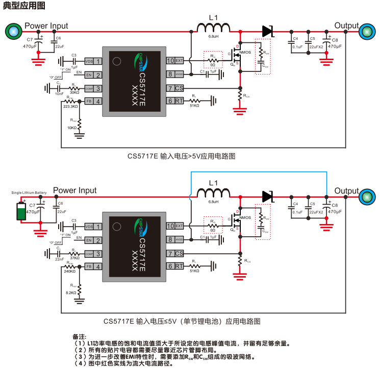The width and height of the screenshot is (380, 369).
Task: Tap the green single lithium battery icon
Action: pos(21,211)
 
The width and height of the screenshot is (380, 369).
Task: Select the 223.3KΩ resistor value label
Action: pos(70,107)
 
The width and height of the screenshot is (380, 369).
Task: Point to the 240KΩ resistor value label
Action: pos(70,272)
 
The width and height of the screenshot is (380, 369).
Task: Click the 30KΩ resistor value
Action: pos(74,92)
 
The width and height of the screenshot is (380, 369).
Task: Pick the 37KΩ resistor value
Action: pos(74,258)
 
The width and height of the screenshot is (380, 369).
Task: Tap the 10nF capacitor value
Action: pos(60,93)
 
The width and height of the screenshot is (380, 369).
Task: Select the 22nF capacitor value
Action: pos(60,259)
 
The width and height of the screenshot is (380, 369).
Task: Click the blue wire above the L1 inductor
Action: pos(255,172)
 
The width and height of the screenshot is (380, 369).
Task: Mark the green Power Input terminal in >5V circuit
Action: pos(14,32)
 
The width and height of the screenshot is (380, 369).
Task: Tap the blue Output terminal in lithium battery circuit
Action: pos(365,196)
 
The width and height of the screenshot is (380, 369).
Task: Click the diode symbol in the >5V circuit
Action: pos(267,31)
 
